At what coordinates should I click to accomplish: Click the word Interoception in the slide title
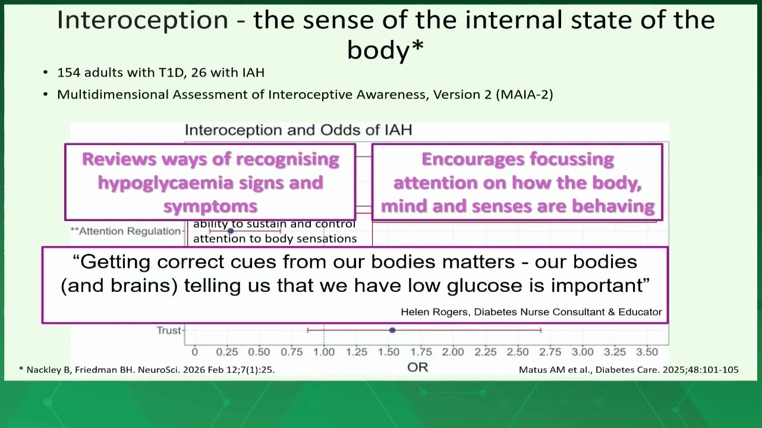pyautogui.click(x=143, y=20)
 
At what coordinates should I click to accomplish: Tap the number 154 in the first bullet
pyautogui.click(x=67, y=73)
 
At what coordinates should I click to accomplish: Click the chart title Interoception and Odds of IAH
pyautogui.click(x=298, y=130)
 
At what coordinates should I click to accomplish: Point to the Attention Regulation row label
pyautogui.click(x=125, y=231)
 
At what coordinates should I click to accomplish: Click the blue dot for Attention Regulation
pyautogui.click(x=231, y=231)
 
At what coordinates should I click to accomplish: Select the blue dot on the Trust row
pyautogui.click(x=392, y=330)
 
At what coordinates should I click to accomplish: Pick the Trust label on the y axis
pyautogui.click(x=168, y=331)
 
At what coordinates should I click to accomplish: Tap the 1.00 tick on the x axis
pyautogui.click(x=324, y=352)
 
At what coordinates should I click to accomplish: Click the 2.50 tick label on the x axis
pyautogui.click(x=518, y=352)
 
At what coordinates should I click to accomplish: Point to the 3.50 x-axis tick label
pyautogui.click(x=647, y=352)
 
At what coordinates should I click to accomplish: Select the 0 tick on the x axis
pyautogui.click(x=194, y=352)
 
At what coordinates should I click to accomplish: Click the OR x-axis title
pyautogui.click(x=418, y=367)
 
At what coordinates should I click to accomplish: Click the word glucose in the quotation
pyautogui.click(x=484, y=285)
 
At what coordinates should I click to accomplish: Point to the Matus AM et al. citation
pyautogui.click(x=629, y=370)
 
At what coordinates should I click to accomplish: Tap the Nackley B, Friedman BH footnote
pyautogui.click(x=147, y=370)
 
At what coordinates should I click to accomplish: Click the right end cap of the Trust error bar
pyautogui.click(x=541, y=330)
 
